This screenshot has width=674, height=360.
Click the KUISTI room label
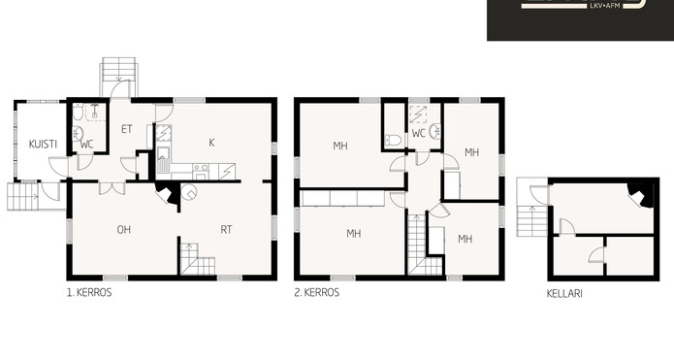(x=43, y=144)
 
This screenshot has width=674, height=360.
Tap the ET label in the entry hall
(x=126, y=129)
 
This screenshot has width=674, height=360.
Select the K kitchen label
(x=211, y=143)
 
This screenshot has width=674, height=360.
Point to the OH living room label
(x=124, y=230)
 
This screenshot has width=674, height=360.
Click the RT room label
(x=226, y=230)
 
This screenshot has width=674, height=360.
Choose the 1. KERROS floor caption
(x=89, y=293)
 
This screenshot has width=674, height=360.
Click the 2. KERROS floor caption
(x=317, y=293)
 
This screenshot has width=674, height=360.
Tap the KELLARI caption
(x=564, y=294)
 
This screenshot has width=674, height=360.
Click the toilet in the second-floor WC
(x=393, y=140)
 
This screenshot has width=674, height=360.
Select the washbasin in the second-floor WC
(x=435, y=131)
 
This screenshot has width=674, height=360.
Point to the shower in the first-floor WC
(x=95, y=112)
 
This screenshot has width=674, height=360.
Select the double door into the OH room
(x=112, y=188)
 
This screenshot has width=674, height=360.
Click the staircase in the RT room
(x=197, y=259)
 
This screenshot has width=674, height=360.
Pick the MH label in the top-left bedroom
(x=340, y=147)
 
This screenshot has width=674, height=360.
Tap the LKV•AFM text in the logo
(x=605, y=6)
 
